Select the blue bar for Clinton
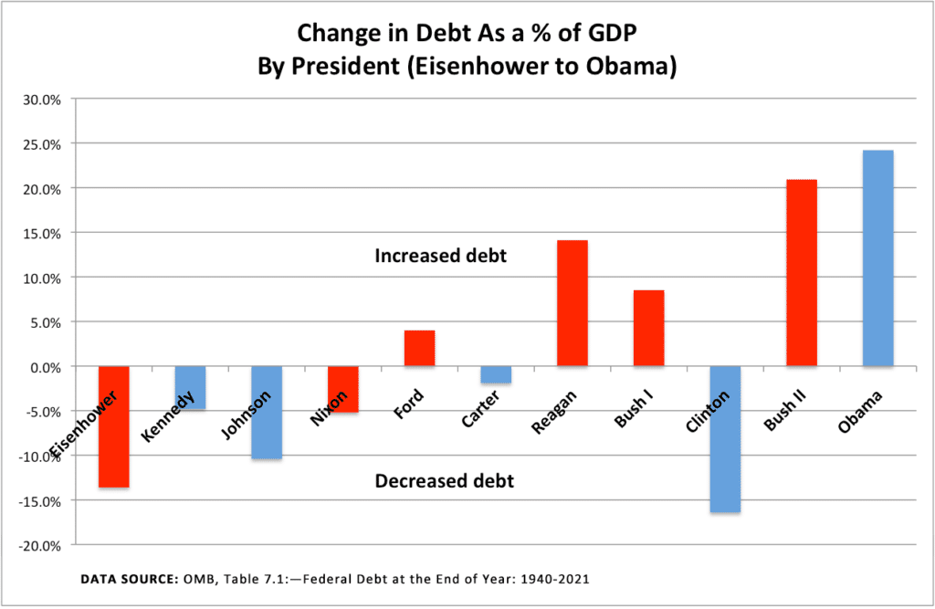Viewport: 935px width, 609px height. coord(725,439)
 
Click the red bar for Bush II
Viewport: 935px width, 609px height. coord(802,273)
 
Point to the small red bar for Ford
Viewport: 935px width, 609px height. coord(419,348)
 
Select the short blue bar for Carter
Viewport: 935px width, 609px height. coord(496,374)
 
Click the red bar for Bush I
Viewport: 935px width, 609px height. coord(648,328)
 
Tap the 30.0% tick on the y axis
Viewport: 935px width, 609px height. coord(41,100)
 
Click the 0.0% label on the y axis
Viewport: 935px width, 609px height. coord(44,367)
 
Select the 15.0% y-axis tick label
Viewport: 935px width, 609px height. coord(41,233)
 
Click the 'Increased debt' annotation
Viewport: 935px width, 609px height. coord(440,257)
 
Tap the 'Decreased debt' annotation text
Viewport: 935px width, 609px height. coord(444,480)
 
